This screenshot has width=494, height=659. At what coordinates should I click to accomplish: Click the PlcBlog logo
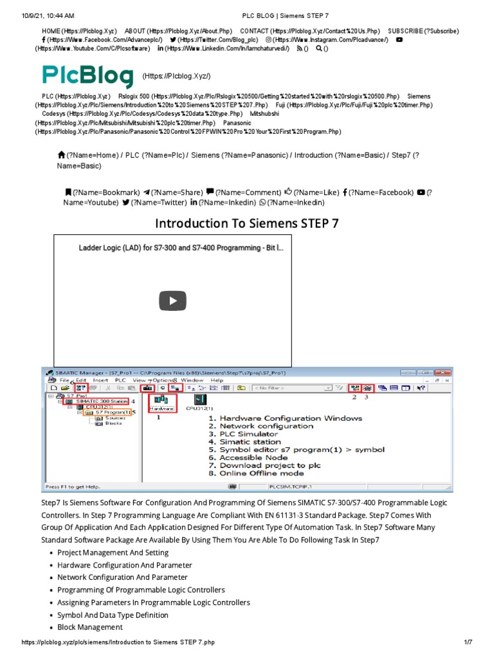[88, 75]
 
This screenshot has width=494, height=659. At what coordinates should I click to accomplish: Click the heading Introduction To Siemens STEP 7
[247, 223]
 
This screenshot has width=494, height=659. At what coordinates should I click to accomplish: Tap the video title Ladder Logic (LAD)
[180, 247]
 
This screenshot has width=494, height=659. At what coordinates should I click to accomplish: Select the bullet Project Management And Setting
[113, 553]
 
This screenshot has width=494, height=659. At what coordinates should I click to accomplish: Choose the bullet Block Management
[89, 627]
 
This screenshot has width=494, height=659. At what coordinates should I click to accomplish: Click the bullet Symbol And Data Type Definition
[113, 615]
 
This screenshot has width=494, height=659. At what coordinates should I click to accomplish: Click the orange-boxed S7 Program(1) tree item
[109, 412]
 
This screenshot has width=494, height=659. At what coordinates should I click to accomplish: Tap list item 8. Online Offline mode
[260, 473]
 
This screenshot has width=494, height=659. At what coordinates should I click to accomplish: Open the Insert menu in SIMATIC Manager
[100, 380]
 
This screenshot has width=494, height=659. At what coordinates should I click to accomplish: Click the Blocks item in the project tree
[113, 423]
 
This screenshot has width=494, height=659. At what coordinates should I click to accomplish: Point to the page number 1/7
[468, 643]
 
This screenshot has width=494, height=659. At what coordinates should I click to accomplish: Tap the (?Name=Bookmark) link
[105, 192]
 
